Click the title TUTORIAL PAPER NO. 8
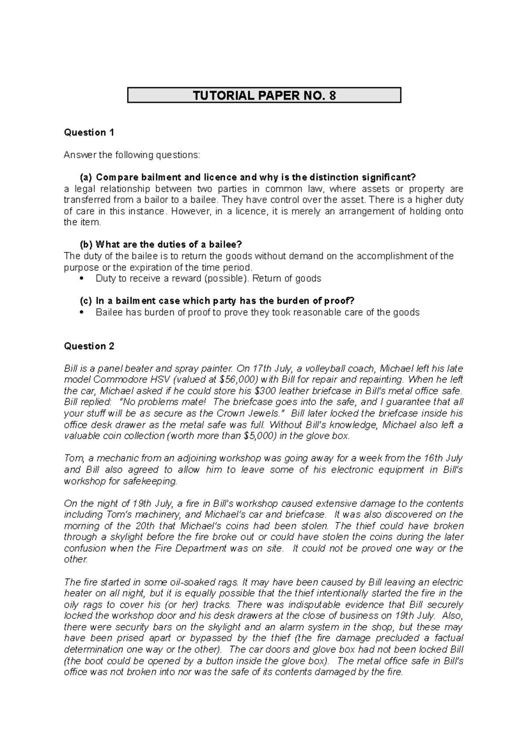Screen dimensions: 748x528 click(x=264, y=95)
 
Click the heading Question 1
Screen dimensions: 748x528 click(x=89, y=133)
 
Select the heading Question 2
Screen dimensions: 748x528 click(x=89, y=346)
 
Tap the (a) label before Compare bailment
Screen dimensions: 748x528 click(x=86, y=178)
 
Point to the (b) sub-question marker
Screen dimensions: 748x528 click(x=86, y=244)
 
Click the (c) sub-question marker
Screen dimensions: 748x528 click(x=85, y=301)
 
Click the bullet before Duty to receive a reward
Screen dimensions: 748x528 click(x=83, y=279)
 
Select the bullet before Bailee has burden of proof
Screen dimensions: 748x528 click(x=83, y=313)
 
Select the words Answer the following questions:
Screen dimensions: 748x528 click(x=132, y=155)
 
